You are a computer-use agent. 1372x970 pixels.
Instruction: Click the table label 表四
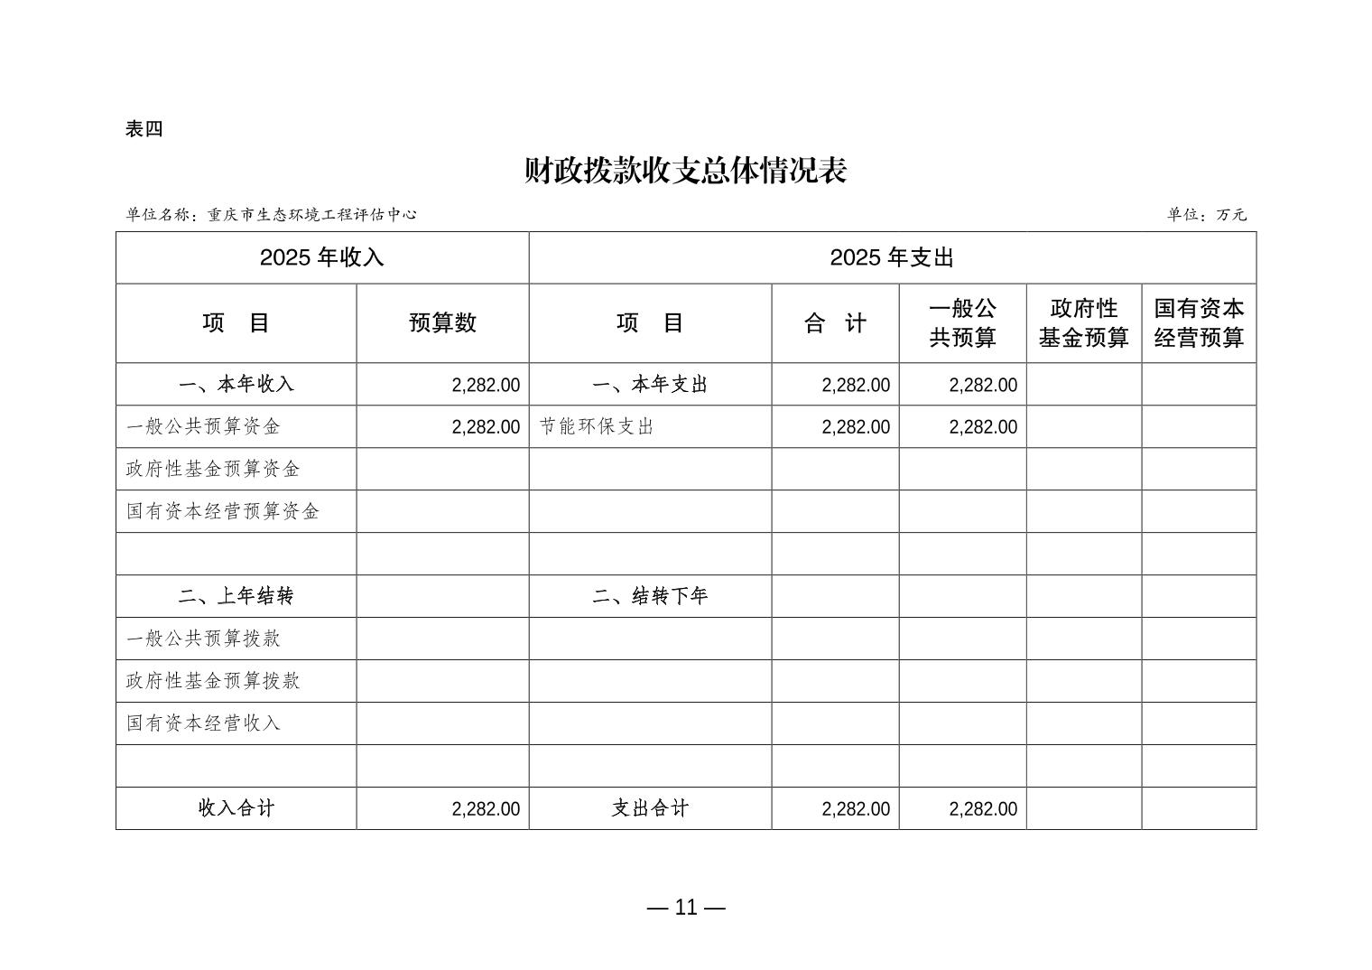144,129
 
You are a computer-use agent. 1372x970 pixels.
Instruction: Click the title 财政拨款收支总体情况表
685,171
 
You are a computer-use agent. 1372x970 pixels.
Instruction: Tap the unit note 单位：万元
1206,215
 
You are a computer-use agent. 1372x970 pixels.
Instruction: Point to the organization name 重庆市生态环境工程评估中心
312,215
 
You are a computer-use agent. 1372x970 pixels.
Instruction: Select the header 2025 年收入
322,257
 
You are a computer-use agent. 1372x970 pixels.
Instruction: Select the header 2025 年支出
892,257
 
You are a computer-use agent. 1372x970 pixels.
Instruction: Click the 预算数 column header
442,323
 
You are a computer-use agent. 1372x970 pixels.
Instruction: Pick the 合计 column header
835,323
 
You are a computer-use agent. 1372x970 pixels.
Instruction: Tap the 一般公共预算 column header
962,323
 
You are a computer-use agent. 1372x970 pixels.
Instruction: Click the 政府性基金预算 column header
1083,323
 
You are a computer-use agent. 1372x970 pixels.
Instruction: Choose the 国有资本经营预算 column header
1199,323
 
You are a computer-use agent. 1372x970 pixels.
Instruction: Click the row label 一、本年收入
236,385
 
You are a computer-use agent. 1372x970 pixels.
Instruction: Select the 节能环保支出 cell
597,427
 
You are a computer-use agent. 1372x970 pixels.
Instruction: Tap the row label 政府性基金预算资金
213,470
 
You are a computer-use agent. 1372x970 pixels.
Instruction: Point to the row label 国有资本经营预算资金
223,512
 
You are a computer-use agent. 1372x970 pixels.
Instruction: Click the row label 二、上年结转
236,596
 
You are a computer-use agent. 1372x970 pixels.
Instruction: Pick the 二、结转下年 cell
650,596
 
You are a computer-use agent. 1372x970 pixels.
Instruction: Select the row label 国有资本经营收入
204,723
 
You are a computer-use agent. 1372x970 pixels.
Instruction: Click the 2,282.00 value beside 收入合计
486,809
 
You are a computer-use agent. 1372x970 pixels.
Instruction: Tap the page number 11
686,908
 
